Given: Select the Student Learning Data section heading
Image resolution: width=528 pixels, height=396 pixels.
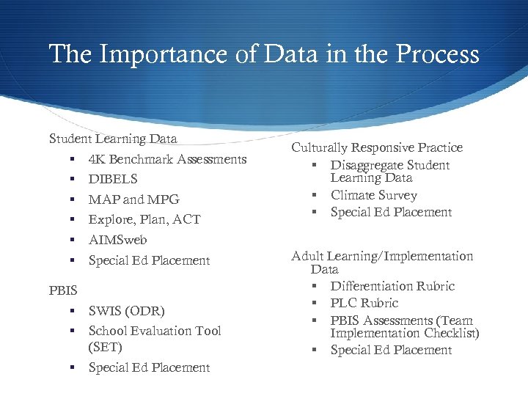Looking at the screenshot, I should coord(113,138).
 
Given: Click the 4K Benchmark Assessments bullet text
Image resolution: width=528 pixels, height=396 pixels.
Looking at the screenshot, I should coord(167,159).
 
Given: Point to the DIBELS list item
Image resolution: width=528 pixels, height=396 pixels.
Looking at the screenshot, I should coord(113,179).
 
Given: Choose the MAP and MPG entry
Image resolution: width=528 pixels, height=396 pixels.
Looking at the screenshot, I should coord(133,199).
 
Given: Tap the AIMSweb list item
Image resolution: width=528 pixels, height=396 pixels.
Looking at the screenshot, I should coord(117,240).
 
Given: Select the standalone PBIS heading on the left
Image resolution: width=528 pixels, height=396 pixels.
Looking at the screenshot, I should coord(63,290).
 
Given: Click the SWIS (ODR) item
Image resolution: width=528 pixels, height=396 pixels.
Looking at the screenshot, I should coord(126,311).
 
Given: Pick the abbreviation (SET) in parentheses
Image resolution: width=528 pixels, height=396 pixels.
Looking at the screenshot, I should coord(105,347).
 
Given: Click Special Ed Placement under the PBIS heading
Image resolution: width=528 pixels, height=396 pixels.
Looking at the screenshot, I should coord(149,367).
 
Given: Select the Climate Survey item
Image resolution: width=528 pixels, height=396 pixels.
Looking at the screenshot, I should coord(373,195).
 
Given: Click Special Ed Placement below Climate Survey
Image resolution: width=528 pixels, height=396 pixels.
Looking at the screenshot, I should coord(391,212).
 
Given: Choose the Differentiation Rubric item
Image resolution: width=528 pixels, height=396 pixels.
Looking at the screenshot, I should coord(392,286).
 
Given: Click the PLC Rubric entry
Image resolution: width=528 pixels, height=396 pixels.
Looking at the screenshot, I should coord(364,303).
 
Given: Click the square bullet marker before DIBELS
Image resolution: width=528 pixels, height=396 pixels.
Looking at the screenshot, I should coord(74,180).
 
